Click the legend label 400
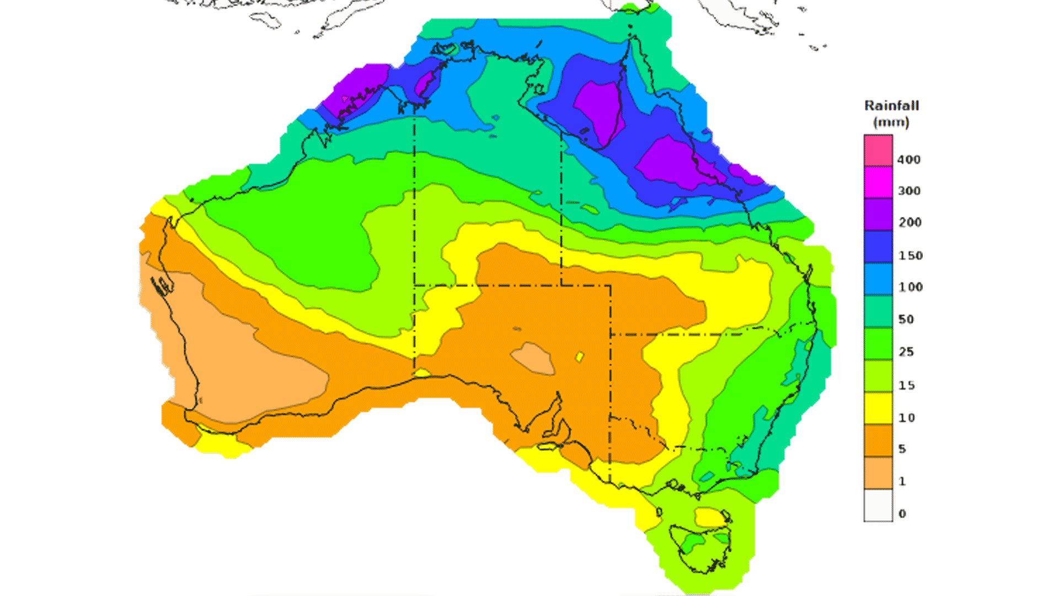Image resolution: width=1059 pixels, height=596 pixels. coord(908,159)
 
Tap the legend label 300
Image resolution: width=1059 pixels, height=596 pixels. coord(908,191)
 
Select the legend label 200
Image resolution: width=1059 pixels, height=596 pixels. coord(909,222)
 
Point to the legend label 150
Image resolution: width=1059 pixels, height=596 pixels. coord(910,256)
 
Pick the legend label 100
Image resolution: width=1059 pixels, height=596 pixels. coord(910,287)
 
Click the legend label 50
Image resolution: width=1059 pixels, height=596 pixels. coord(906,320)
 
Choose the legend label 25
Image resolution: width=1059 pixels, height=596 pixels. coord(906,352)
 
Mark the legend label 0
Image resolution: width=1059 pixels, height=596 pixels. coord(902,514)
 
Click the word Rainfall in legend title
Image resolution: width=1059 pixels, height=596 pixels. coord(891,105)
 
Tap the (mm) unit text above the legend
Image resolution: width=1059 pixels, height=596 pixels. coord(891,122)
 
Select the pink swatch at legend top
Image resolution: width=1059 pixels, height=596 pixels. coord(878,151)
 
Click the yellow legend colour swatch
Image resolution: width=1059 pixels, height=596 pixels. coord(878,408)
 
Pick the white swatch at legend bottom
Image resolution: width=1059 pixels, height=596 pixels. coord(878,505)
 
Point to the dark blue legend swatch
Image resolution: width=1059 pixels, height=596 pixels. coord(878,247)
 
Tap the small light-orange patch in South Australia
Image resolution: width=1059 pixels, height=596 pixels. coord(533,359)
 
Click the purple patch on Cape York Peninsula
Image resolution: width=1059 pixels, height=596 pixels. coord(598,110)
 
